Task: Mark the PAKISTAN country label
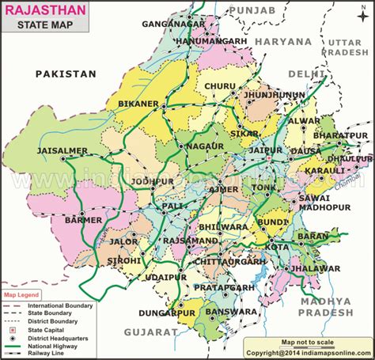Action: click(x=66, y=74)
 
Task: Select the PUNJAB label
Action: click(x=252, y=9)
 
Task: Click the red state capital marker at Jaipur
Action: click(x=269, y=159)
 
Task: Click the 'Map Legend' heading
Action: click(x=21, y=296)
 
